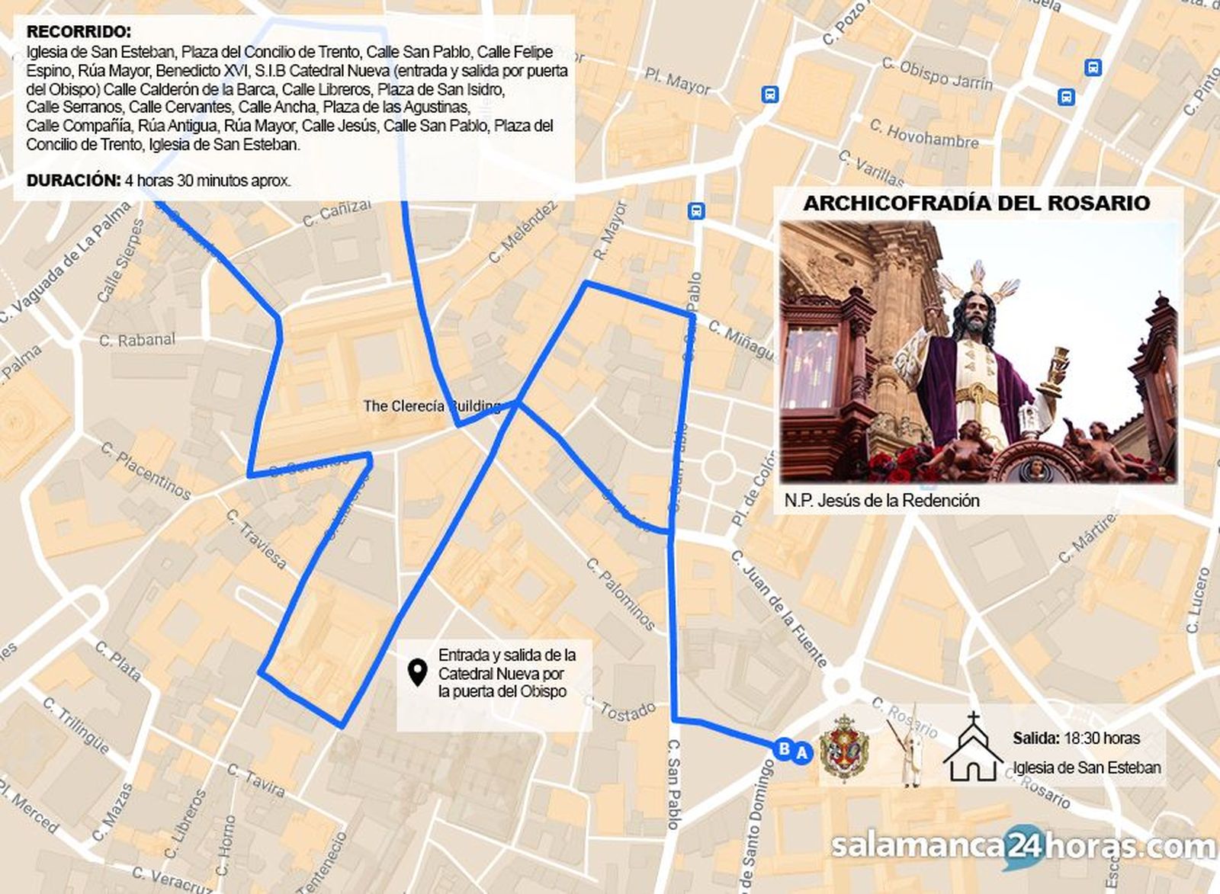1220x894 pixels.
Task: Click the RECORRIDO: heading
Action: point(79,32)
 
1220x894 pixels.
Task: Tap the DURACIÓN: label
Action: point(74,181)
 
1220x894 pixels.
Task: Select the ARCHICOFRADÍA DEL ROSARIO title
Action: point(977,203)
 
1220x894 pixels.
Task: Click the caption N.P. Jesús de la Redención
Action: point(882,501)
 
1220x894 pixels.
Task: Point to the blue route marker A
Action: point(801,753)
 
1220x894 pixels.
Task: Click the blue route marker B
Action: point(784,748)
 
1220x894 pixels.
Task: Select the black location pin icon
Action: point(416,673)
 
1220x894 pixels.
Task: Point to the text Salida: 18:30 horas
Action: point(1076,738)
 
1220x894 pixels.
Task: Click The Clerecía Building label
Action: point(432,406)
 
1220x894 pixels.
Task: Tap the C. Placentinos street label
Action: point(145,470)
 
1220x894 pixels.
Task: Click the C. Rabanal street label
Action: point(137,340)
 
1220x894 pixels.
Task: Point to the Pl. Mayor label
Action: point(677,81)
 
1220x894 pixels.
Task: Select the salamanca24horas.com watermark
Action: point(1023,847)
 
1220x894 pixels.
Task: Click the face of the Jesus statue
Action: point(971,313)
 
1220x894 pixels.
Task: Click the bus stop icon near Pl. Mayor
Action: point(769,95)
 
